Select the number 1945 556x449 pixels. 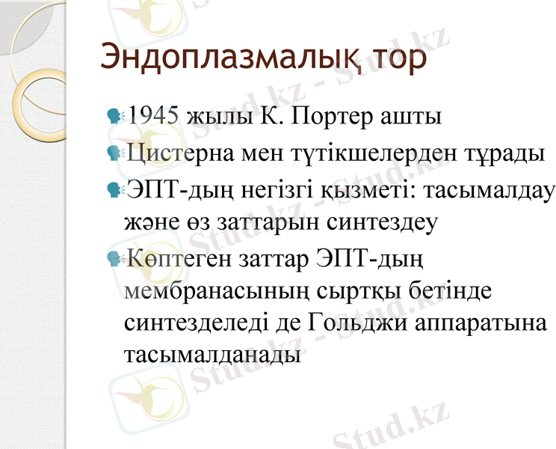click(153, 117)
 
